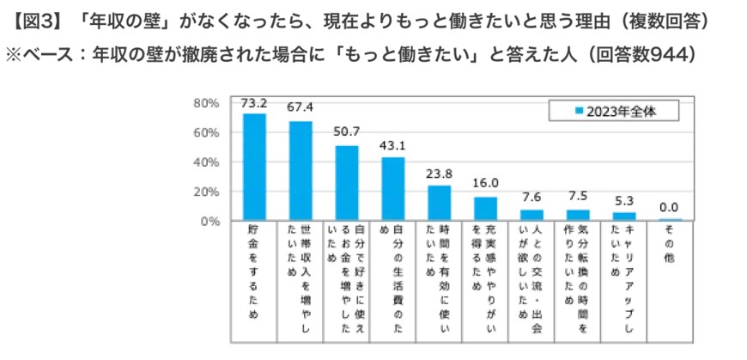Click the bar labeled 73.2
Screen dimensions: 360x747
click(x=254, y=168)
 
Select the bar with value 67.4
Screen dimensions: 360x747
click(x=301, y=172)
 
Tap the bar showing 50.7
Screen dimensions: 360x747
click(x=347, y=184)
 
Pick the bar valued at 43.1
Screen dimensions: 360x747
click(x=392, y=189)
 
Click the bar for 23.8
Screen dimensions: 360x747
click(x=439, y=204)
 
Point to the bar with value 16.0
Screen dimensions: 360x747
click(x=485, y=209)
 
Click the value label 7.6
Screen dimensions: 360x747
click(x=531, y=195)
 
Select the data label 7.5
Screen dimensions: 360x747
click(x=578, y=195)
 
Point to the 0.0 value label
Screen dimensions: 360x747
click(x=671, y=206)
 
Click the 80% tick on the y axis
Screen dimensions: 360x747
click(x=209, y=103)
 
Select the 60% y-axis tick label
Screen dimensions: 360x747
click(x=209, y=132)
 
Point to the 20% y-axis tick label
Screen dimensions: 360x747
click(x=209, y=192)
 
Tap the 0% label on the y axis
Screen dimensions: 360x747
click(x=212, y=221)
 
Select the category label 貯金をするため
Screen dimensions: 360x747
click(x=254, y=271)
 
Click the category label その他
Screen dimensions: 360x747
click(x=671, y=245)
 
